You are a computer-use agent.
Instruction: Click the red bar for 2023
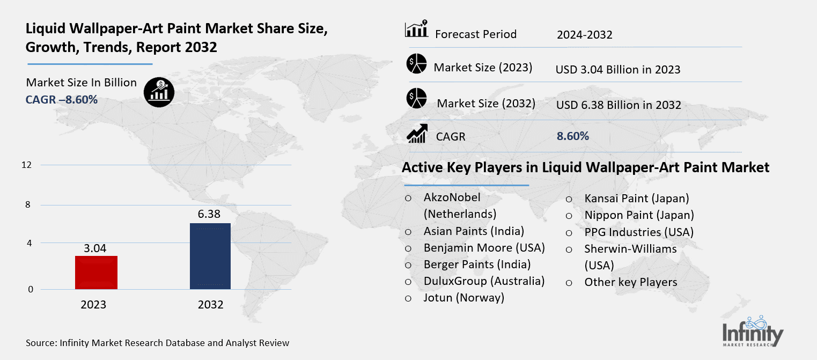tap(96, 273)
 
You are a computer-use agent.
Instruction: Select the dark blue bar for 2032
tap(210, 256)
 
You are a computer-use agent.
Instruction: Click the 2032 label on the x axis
tap(210, 305)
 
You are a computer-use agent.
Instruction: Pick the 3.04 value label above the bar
tap(95, 248)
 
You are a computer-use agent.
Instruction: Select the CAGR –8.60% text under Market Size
tap(62, 99)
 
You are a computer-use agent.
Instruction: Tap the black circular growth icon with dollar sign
tap(159, 92)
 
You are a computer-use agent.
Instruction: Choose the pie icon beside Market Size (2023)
tap(416, 64)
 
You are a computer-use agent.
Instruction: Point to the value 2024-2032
tap(584, 35)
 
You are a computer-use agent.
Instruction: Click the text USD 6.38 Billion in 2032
tap(619, 105)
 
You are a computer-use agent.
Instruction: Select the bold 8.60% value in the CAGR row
tap(573, 136)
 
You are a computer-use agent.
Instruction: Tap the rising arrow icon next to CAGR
tap(417, 134)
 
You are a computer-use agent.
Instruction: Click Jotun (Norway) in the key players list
tap(463, 298)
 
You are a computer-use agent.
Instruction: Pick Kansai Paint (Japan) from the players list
tap(637, 199)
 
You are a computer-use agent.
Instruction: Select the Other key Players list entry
tap(631, 282)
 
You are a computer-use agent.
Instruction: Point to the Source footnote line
tap(157, 342)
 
